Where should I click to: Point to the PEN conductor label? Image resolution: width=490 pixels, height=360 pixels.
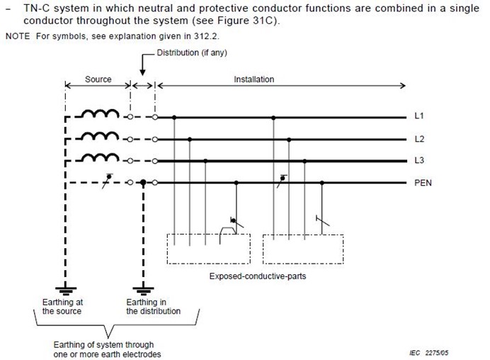[423, 183]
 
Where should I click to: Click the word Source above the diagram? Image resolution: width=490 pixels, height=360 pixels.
[98, 79]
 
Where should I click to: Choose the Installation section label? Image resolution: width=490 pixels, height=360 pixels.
[253, 79]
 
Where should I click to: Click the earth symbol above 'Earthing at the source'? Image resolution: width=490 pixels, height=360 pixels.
[66, 289]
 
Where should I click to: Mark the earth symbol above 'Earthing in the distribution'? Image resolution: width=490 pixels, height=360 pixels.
[144, 289]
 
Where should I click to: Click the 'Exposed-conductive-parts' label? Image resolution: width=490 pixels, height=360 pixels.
[258, 276]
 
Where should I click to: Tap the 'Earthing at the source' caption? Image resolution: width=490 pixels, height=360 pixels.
[62, 306]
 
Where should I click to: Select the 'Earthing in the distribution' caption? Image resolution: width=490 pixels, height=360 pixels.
[154, 306]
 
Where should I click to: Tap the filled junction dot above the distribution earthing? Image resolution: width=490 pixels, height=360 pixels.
[144, 183]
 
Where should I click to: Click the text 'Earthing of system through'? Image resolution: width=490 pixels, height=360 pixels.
[103, 345]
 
